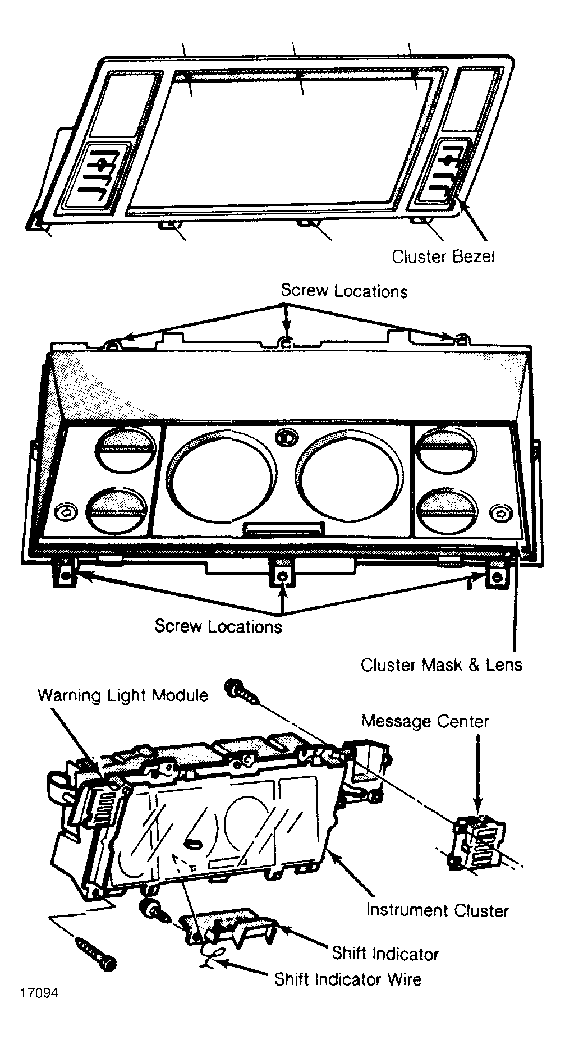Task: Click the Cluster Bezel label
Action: tap(443, 256)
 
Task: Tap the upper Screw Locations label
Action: tap(344, 291)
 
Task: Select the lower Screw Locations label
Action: tap(218, 626)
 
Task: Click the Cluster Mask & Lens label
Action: tap(442, 665)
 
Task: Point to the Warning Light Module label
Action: tap(123, 695)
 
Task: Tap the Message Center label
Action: tap(425, 721)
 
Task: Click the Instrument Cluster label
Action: tap(438, 910)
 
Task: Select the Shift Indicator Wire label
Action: tap(348, 979)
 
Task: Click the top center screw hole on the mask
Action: tap(286, 342)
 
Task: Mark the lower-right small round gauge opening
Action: tap(449, 511)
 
